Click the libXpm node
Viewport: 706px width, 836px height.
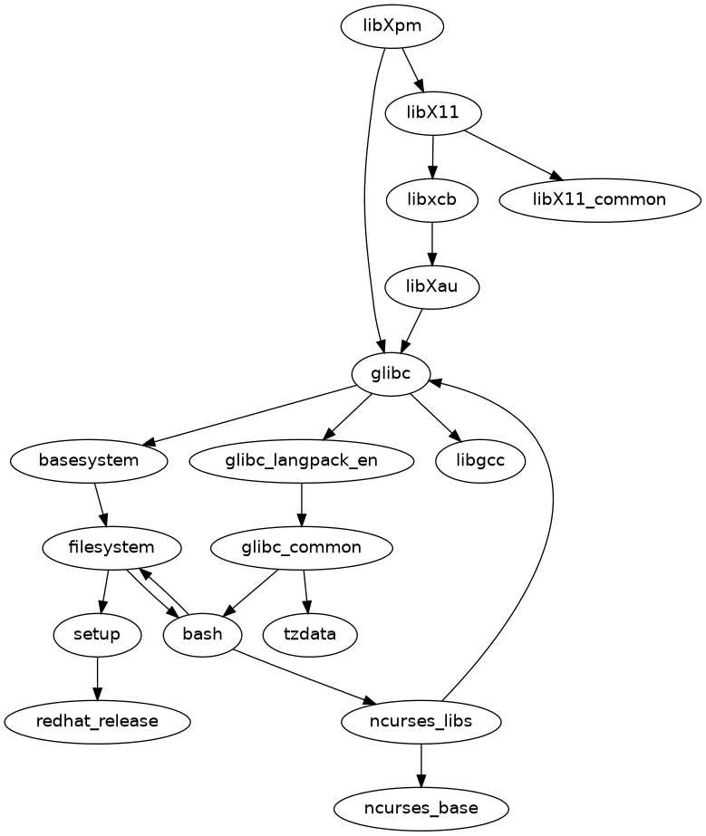(x=392, y=27)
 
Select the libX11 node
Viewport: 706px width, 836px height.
(x=433, y=113)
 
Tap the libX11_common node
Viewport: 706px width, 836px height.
(x=599, y=199)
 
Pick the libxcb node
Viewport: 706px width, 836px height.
(x=431, y=199)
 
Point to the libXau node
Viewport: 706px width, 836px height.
(x=431, y=286)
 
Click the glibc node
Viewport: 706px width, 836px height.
(x=392, y=373)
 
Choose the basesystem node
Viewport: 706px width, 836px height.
(x=89, y=460)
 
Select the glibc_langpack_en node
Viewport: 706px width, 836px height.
(x=301, y=460)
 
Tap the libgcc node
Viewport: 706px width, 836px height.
(x=481, y=460)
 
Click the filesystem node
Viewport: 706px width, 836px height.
(x=111, y=547)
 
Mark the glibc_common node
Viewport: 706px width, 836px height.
(x=301, y=547)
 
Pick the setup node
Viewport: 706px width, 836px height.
(x=97, y=634)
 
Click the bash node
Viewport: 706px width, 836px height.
(x=202, y=634)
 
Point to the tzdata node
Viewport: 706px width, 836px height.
(x=309, y=634)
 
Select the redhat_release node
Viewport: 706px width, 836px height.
(x=97, y=721)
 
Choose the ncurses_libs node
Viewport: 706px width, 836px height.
(x=421, y=721)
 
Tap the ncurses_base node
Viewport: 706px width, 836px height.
(x=421, y=806)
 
